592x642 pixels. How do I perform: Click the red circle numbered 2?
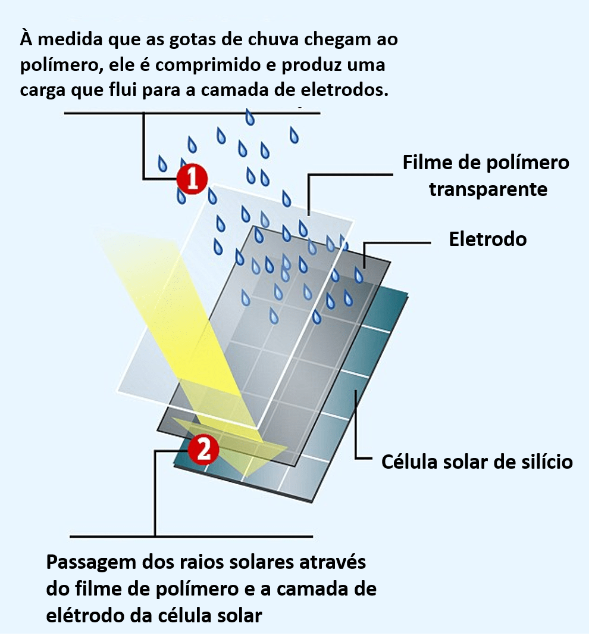[x=203, y=450]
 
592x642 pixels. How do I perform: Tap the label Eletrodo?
[x=488, y=239]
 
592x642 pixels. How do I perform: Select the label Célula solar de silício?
[x=477, y=462]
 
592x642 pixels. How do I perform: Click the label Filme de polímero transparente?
[x=486, y=176]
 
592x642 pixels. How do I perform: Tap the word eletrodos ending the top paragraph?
[x=349, y=90]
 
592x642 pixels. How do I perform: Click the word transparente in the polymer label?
[x=488, y=189]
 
